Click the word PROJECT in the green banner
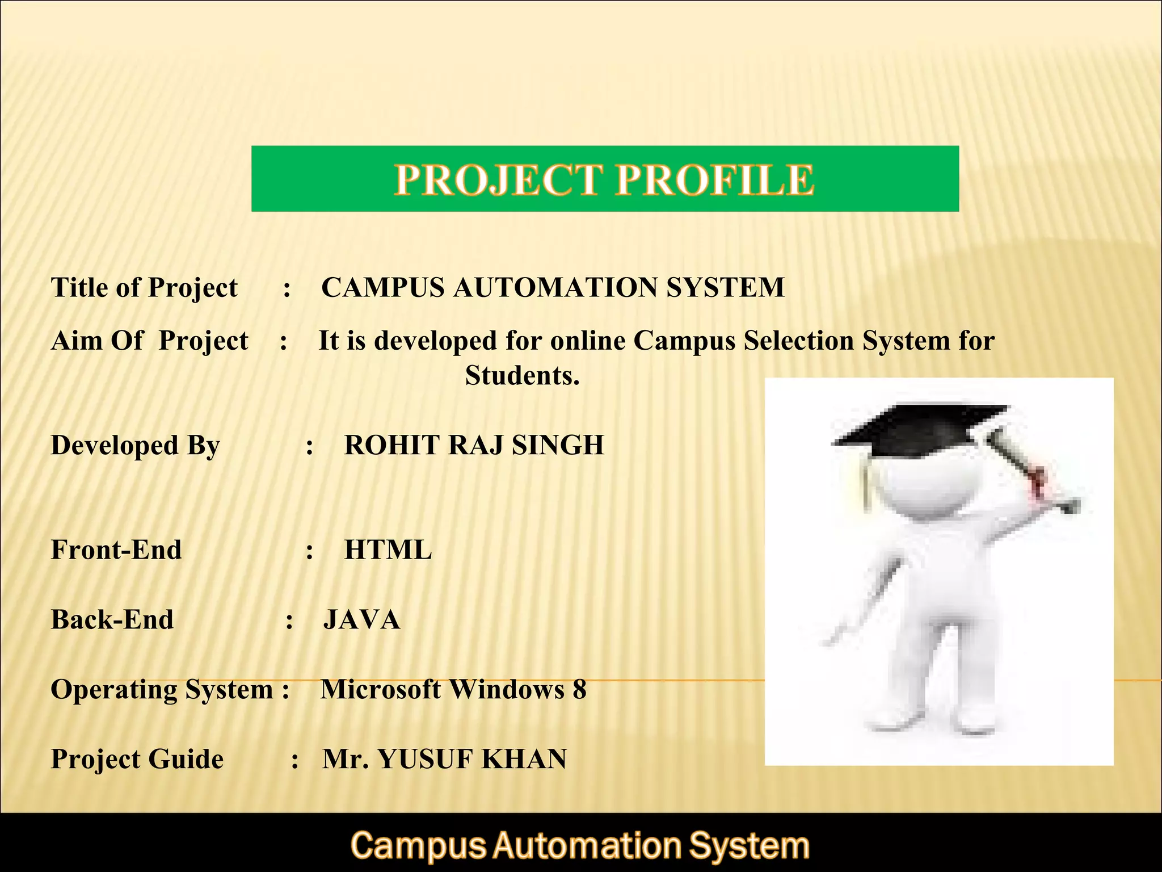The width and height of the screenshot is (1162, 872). (x=498, y=179)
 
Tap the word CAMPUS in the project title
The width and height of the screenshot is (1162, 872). (x=383, y=287)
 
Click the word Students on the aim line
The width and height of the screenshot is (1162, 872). (x=522, y=375)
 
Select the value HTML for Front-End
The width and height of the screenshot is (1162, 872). (x=388, y=550)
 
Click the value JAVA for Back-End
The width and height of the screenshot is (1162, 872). (x=361, y=620)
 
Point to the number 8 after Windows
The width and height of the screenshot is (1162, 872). (x=579, y=690)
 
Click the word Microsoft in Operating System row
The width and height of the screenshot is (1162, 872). (x=380, y=690)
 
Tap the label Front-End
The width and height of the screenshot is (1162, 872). (x=116, y=550)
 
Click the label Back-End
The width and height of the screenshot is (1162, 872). (x=112, y=620)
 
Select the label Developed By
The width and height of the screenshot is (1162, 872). (x=135, y=445)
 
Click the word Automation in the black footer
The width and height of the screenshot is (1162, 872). (x=587, y=846)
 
